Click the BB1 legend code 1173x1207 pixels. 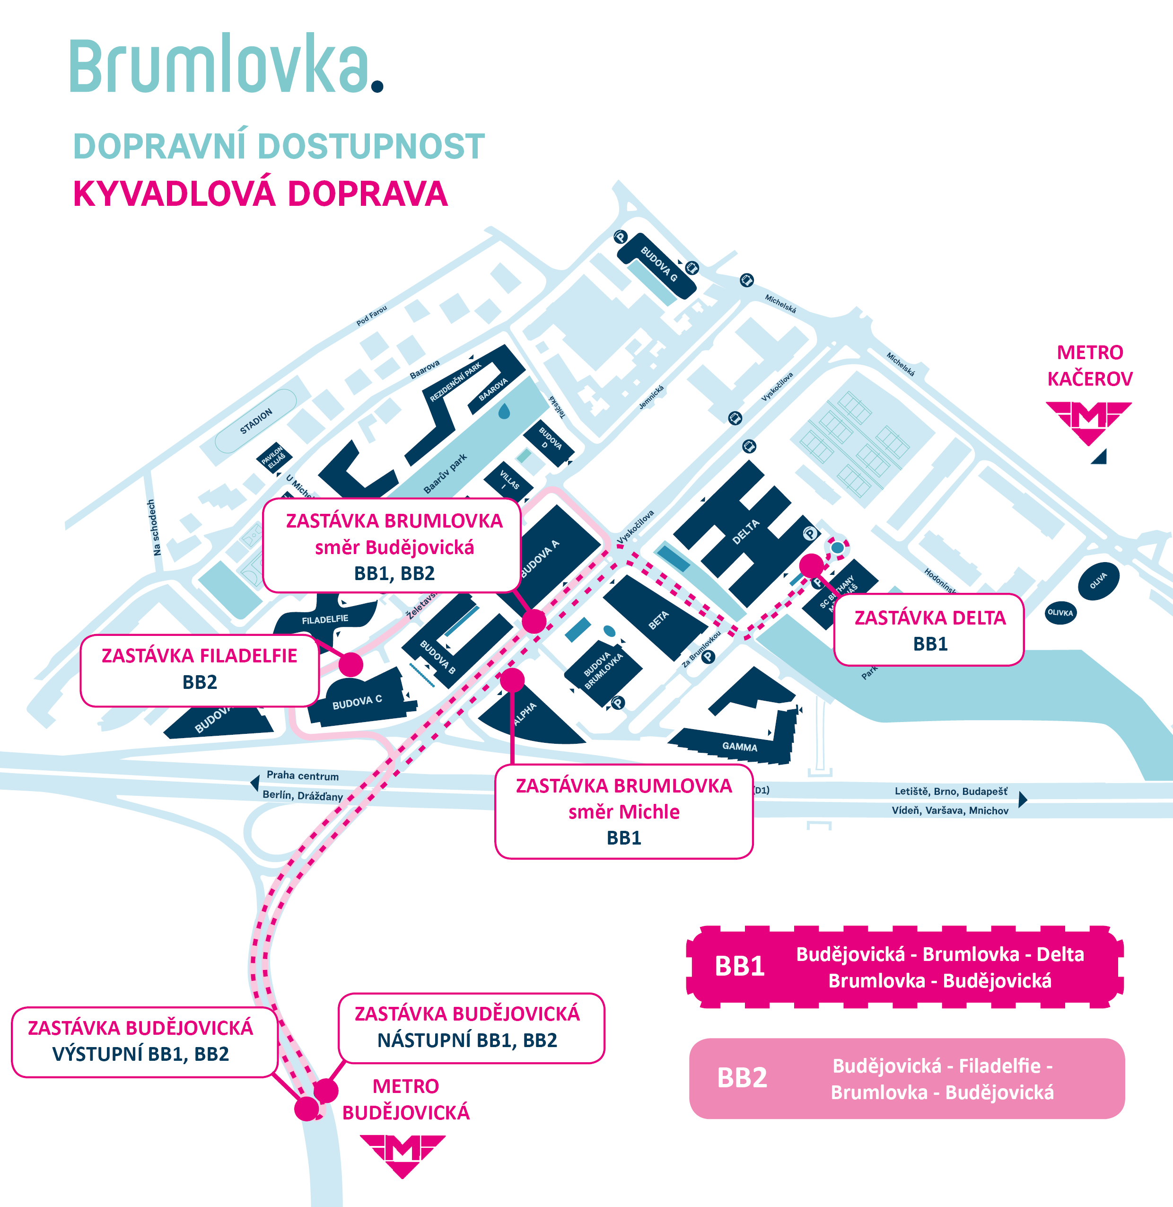[x=739, y=966]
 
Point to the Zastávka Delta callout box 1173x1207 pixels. [x=929, y=630]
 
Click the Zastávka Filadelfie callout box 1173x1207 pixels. [x=200, y=669]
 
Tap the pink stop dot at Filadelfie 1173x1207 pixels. [x=350, y=664]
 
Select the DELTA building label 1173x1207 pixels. [x=745, y=532]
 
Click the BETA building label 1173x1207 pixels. [x=658, y=620]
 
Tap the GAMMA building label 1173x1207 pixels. [x=739, y=747]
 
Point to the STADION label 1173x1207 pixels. [x=256, y=421]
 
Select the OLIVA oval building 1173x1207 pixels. [x=1098, y=581]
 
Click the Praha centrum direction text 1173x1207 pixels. [x=303, y=775]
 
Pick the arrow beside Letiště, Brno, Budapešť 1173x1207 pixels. [x=1023, y=799]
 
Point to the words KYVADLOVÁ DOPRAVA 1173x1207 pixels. [x=260, y=194]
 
